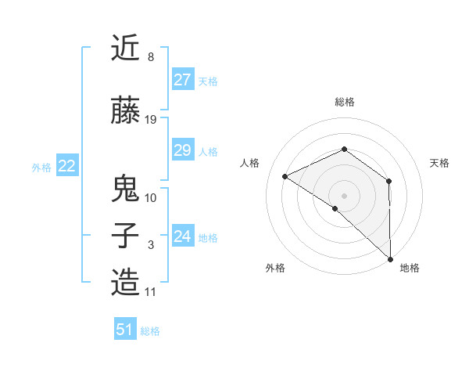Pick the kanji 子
click(126, 236)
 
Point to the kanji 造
click(126, 283)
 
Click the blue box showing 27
click(182, 80)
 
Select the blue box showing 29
click(182, 150)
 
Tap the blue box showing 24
click(182, 236)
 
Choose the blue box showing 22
click(67, 166)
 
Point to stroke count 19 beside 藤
click(151, 120)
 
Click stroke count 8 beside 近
click(150, 57)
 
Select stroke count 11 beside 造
click(151, 292)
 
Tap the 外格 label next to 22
click(41, 167)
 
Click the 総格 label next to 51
click(150, 331)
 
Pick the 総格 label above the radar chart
click(344, 102)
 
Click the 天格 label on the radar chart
click(439, 163)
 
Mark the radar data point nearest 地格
click(390, 258)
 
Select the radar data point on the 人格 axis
click(285, 176)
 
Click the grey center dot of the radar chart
click(344, 195)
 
